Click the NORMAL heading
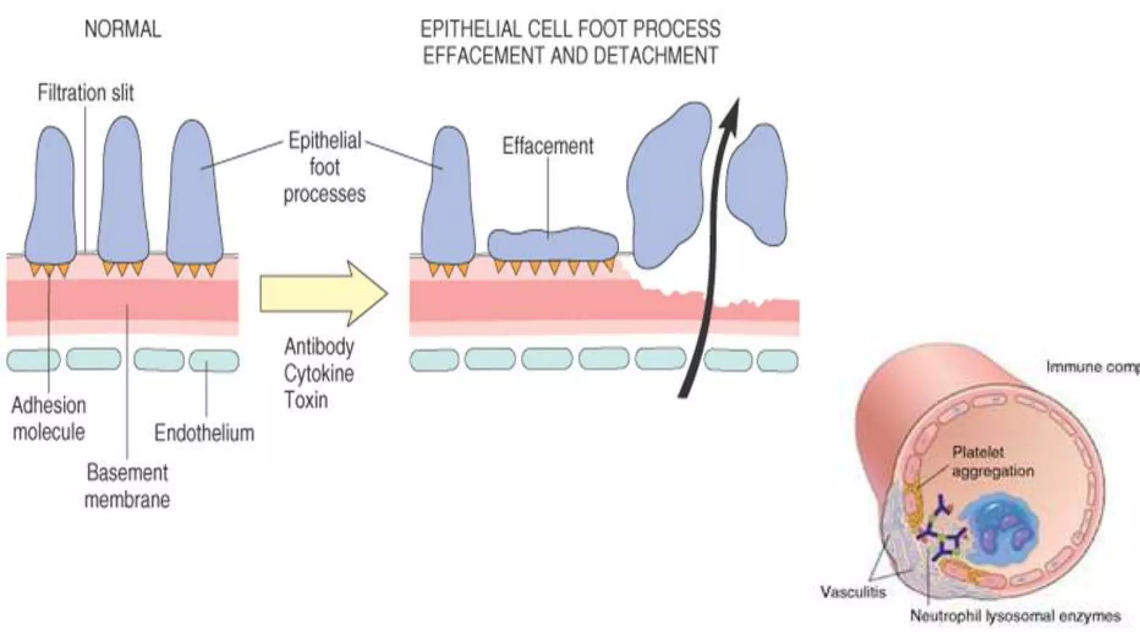(x=122, y=30)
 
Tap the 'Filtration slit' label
(x=86, y=93)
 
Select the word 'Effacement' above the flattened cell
(x=548, y=146)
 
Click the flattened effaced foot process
(x=553, y=244)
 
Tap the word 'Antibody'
(x=319, y=347)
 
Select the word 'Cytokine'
(x=319, y=373)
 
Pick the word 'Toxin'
(x=306, y=400)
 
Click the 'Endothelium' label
(x=204, y=433)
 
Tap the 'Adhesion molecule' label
(x=49, y=419)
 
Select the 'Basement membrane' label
(x=127, y=486)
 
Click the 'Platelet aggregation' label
(x=992, y=461)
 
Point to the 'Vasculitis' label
(x=853, y=592)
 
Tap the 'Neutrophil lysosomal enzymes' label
(x=1015, y=616)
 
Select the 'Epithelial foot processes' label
(x=325, y=167)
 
